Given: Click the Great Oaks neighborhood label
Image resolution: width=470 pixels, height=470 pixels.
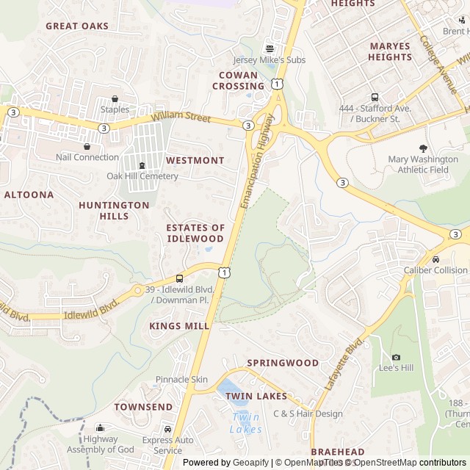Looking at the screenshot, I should point(77,26).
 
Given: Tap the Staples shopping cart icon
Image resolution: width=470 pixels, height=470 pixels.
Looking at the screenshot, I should point(115,99).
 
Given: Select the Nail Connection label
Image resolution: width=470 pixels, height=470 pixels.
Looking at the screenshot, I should point(87,157).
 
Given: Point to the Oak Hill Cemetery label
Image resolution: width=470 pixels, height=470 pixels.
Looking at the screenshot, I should point(142,176).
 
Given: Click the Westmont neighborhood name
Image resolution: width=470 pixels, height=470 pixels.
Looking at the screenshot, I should point(195,160).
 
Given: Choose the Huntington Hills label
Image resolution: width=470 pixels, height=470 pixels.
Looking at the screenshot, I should point(114,211).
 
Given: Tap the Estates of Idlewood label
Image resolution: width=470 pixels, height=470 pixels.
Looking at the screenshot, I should point(195,234).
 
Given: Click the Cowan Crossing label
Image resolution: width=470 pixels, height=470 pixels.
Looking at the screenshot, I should point(239,81).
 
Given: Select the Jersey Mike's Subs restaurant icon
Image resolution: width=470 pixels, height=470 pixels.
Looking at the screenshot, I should point(269,48).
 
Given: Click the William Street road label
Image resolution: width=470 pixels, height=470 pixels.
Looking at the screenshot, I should point(181,117).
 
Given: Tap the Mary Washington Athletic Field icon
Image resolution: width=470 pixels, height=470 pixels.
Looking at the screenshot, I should point(422,148).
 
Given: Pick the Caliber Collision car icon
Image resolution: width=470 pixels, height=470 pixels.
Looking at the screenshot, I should point(435,259).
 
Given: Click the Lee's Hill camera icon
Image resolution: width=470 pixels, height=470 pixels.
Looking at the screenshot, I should point(396,357).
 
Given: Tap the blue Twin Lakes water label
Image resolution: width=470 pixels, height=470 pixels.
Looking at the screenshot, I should point(245,423).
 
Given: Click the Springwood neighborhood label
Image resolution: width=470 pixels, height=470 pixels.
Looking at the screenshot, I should point(283,363).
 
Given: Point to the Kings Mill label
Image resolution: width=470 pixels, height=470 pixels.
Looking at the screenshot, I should point(174,325).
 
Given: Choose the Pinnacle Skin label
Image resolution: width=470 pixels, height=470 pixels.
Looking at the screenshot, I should point(181,380).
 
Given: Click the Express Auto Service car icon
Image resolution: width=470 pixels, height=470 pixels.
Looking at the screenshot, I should point(167,430).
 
